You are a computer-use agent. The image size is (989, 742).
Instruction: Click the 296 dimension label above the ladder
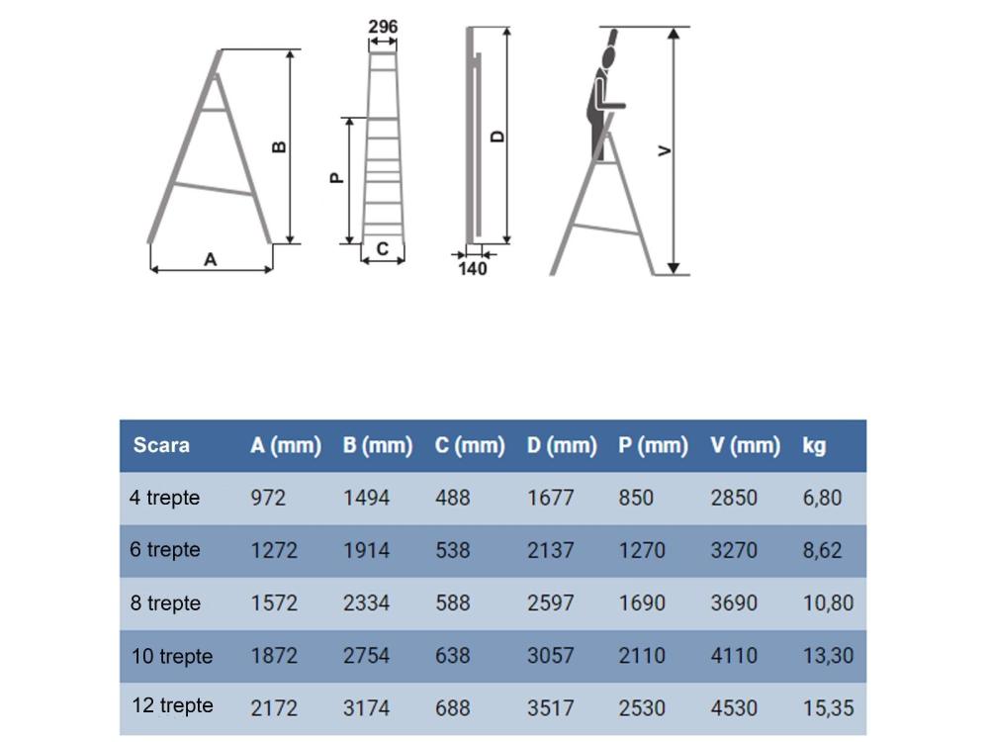point(383,27)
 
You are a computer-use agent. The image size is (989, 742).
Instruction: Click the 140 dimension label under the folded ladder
point(474,268)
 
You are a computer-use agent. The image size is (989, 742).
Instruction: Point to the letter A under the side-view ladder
point(210,259)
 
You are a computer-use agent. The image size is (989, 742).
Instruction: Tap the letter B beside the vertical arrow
point(279,146)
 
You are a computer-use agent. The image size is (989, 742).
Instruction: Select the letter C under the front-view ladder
point(383,250)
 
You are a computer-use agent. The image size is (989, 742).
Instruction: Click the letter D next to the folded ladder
point(497,136)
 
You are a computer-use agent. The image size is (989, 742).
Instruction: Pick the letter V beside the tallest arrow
point(665,150)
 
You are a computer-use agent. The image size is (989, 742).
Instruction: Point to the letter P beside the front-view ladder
point(335,178)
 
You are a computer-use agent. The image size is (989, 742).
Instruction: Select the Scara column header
point(161,445)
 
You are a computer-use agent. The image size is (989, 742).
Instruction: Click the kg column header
point(814,445)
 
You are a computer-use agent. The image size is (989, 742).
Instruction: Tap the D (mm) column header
point(562,445)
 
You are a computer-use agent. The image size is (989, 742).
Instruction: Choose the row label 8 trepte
point(165,603)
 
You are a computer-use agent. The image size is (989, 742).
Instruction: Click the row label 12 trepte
point(172,706)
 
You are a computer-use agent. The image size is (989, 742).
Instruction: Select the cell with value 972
point(268,498)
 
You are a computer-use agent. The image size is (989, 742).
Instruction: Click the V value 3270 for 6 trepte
point(734,550)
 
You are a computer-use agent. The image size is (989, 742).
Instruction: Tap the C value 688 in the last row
point(453,708)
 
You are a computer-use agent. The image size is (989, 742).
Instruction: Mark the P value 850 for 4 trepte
point(636,498)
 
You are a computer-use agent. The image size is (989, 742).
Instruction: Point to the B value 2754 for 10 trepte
point(366,655)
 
